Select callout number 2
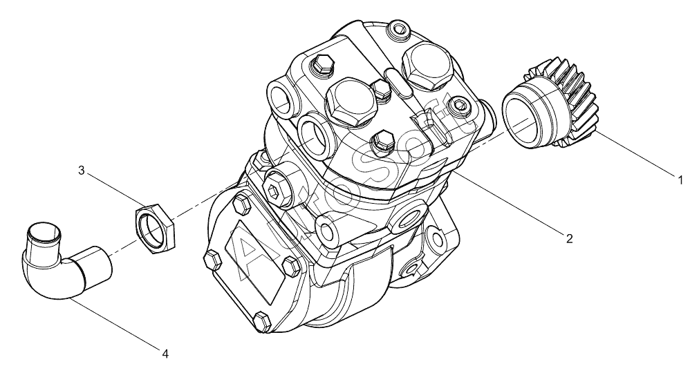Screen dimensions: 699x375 [569, 239]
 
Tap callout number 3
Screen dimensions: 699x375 [81, 170]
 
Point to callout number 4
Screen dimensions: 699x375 [165, 354]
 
